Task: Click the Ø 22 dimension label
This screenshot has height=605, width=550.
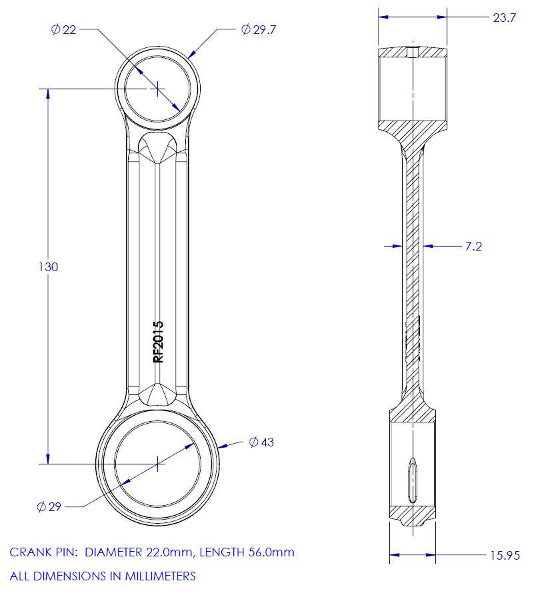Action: pos(64,30)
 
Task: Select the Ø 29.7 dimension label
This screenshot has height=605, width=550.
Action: pos(258,29)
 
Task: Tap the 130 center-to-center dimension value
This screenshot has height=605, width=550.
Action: pos(49,267)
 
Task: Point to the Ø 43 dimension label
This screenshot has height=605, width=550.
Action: pos(261,442)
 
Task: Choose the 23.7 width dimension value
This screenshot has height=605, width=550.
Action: pos(504,18)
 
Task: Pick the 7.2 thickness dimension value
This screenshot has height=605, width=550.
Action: pos(473,247)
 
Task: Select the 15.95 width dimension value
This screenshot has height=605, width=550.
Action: pos(505,555)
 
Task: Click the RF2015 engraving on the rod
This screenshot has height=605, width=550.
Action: pos(159,342)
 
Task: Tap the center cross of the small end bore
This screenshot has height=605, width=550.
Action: pos(157,88)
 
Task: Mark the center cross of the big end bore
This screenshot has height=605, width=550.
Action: pos(157,464)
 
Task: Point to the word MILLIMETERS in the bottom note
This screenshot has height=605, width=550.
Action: pos(159,576)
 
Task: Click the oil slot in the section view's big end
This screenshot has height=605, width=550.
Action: pos(412,478)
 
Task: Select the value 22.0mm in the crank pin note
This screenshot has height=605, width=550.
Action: pos(168,552)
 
